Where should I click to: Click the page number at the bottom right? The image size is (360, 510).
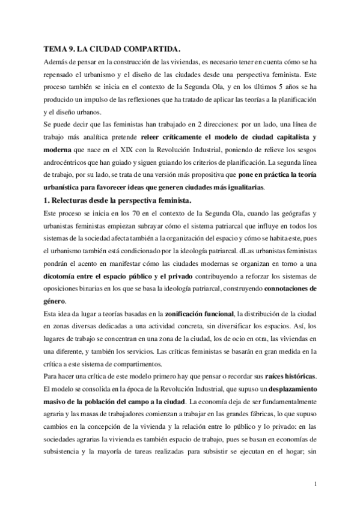pyautogui.click(x=316, y=483)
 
